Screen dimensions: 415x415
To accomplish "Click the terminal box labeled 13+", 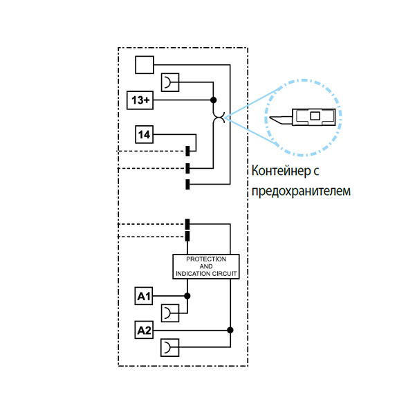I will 140,100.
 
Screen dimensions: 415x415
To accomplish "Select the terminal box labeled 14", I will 144,134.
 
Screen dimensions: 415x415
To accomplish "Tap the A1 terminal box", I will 144,296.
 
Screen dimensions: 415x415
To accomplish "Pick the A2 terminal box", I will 144,330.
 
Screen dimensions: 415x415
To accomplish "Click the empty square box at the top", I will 144,65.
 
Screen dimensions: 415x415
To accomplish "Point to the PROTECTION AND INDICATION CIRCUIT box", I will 206,266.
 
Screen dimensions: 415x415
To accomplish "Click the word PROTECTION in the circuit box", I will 206,259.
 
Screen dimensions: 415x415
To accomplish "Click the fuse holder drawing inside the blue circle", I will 304,117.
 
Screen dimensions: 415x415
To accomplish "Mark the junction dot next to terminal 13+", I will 213,100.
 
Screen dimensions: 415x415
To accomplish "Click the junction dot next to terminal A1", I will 187,296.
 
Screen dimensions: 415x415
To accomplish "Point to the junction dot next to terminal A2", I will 230,330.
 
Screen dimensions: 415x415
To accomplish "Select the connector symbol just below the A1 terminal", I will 169,313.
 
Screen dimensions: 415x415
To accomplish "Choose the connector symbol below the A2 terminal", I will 169,347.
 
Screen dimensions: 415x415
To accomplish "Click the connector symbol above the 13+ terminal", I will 169,82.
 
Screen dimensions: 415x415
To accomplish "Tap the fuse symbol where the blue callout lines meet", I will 219,118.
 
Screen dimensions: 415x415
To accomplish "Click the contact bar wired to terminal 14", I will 187,150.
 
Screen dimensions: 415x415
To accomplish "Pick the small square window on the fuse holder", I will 315,116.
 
